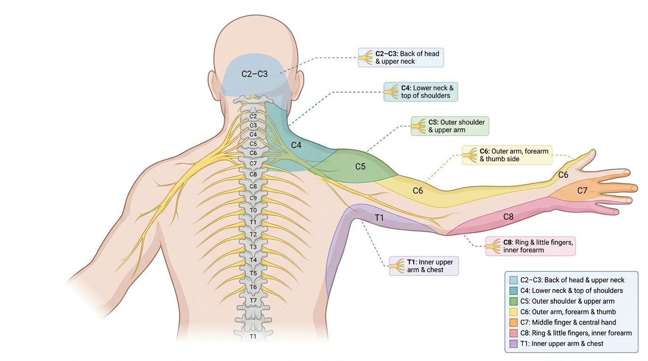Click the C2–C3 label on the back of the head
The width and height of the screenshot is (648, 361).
254,74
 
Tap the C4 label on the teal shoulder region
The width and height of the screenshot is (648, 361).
296,145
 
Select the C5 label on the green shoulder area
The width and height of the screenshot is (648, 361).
360,166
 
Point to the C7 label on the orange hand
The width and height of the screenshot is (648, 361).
582,190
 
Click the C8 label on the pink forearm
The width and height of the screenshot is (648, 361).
508,217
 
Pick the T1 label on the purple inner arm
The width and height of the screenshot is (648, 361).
379,217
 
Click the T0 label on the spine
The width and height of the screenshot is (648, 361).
253,211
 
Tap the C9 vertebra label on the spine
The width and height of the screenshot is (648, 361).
253,198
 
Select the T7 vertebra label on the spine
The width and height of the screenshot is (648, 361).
253,300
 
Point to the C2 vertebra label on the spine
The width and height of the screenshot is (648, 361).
253,116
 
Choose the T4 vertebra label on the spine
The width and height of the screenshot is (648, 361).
253,260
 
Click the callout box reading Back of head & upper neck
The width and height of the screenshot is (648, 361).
400,57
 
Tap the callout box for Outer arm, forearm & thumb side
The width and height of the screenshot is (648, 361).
507,155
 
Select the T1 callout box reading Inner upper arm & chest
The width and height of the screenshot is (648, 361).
423,266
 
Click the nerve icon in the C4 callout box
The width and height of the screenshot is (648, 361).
391,92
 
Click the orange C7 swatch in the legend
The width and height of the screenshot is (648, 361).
513,322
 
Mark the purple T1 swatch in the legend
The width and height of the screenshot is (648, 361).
513,344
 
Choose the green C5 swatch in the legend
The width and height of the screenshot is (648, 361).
513,301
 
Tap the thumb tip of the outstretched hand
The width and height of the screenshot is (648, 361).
592,152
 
